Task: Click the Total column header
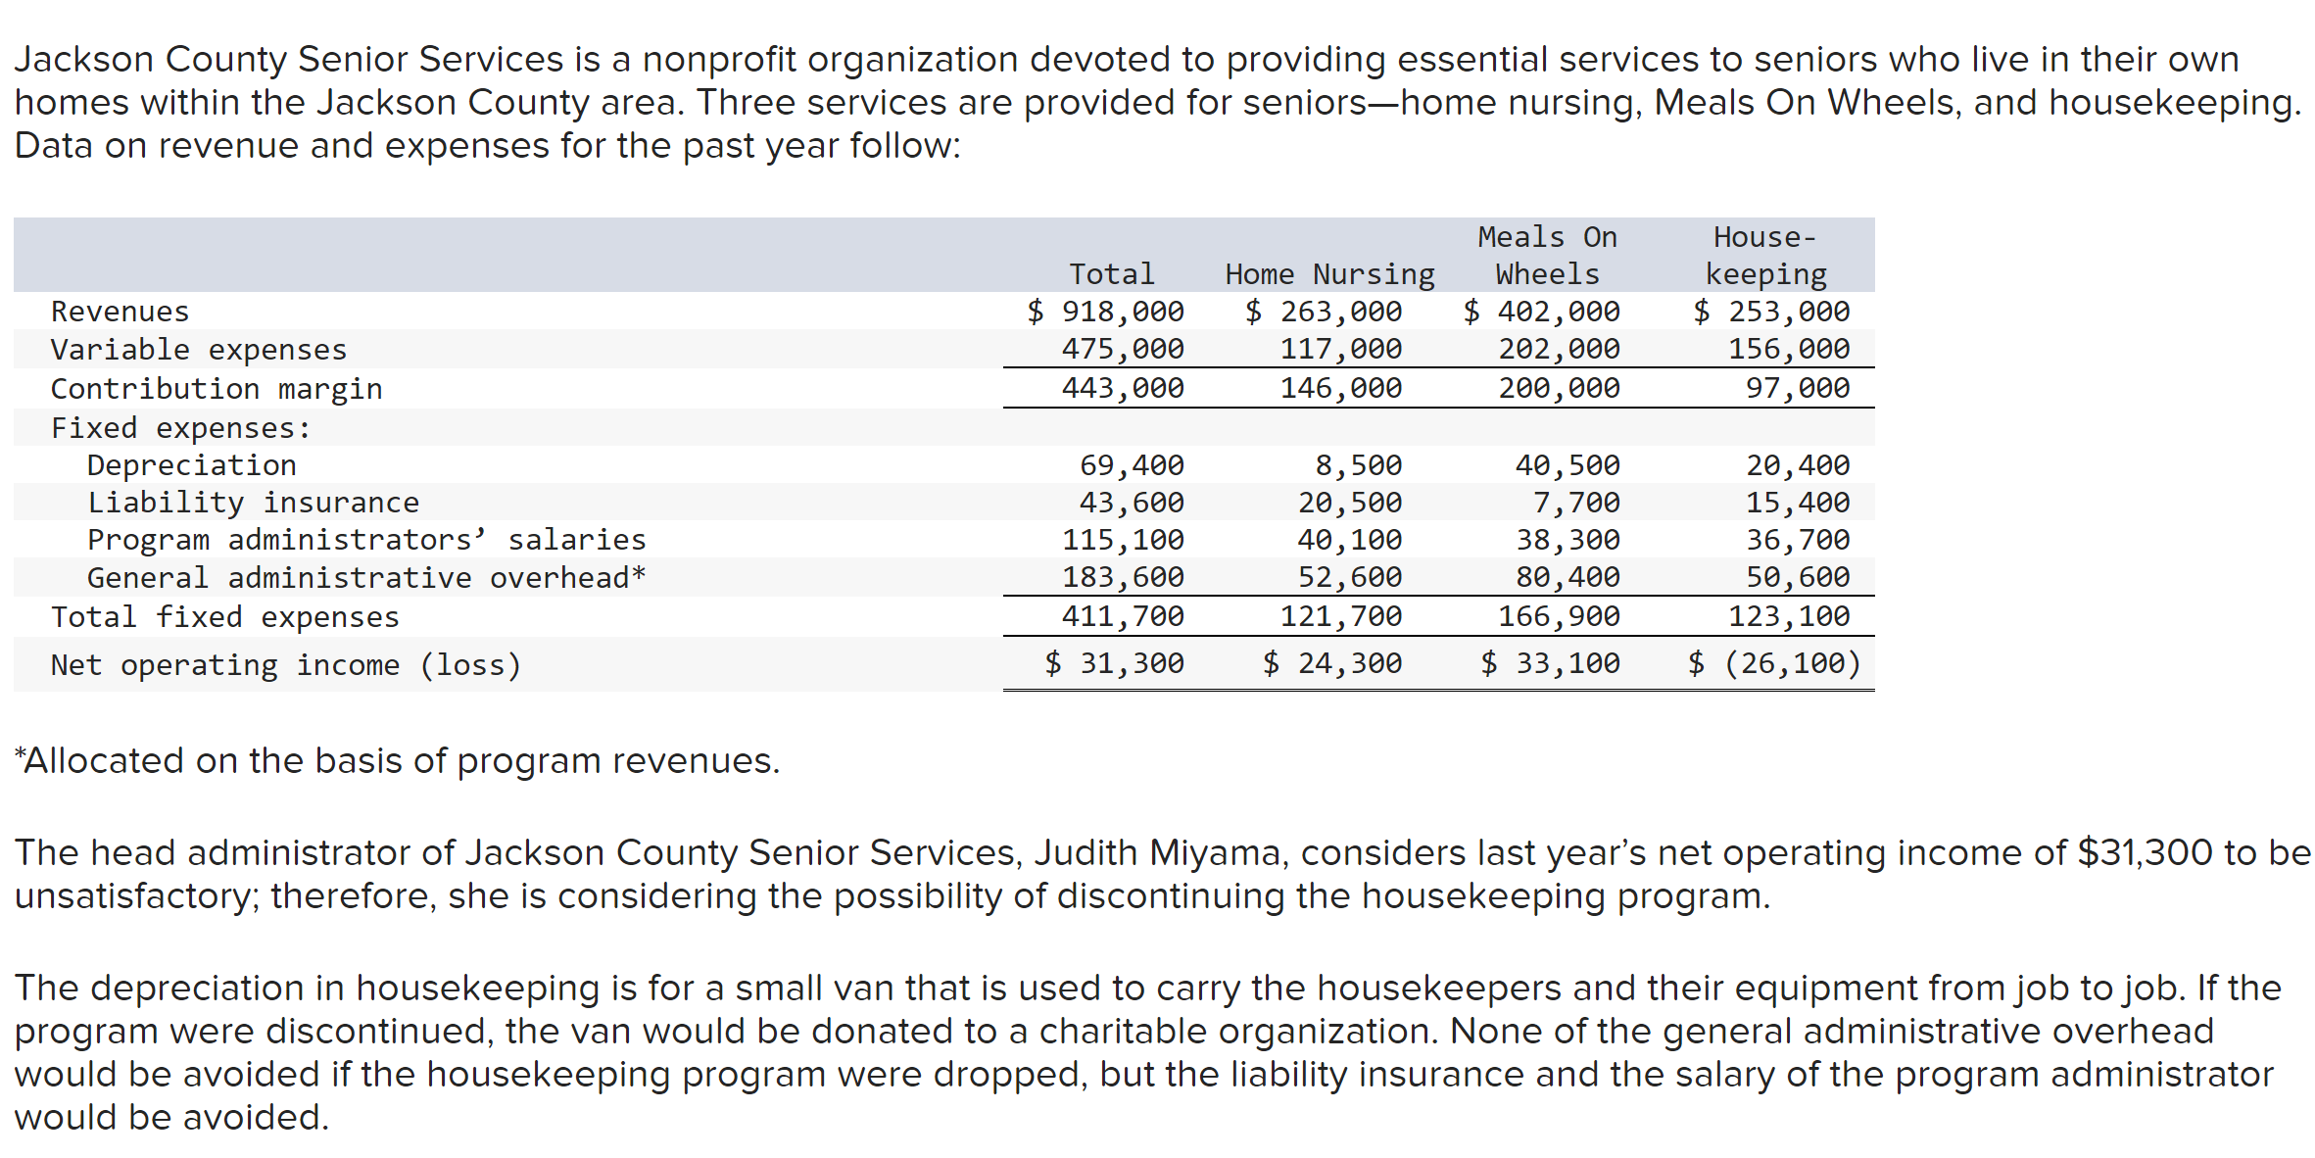click(x=1111, y=274)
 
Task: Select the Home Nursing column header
click(x=1328, y=274)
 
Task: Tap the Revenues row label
click(x=120, y=312)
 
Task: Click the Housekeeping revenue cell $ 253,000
click(x=1771, y=312)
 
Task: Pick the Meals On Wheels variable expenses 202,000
click(x=1559, y=349)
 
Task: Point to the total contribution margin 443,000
click(x=1123, y=388)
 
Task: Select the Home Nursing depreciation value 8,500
click(x=1358, y=465)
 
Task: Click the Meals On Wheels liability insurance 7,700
click(x=1576, y=503)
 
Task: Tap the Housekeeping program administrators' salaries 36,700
click(x=1798, y=540)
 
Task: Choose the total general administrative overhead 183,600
click(x=1123, y=577)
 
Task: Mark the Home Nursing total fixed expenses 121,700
click(x=1340, y=616)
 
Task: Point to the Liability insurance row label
click(x=253, y=503)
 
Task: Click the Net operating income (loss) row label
click(x=285, y=665)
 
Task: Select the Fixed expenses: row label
click(x=180, y=428)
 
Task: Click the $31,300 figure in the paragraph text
click(x=2145, y=853)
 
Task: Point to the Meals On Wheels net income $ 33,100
click(x=1550, y=664)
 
